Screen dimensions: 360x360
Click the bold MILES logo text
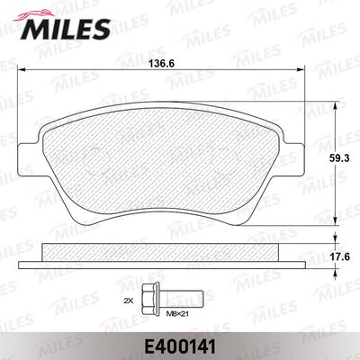[x=65, y=29]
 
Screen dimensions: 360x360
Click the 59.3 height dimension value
[x=339, y=158]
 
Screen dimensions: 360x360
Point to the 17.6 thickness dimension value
[x=339, y=256]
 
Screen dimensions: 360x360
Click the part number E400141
[x=180, y=347]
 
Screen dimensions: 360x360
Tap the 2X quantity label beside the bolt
[x=129, y=301]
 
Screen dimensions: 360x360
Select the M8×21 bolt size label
[x=178, y=314]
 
